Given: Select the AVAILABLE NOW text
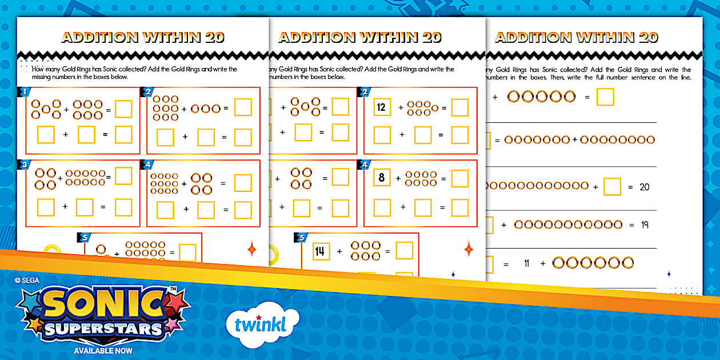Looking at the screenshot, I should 103,350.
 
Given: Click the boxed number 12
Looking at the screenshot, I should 382,107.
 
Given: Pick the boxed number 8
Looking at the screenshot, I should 382,178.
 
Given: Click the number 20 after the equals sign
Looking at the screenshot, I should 644,187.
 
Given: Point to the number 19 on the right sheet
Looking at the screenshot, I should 644,225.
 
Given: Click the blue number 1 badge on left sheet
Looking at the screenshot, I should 24,92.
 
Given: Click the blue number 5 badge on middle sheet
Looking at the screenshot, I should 301,238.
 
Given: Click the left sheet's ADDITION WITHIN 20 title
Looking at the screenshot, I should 143,38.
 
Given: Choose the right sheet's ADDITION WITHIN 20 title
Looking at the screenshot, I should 577,38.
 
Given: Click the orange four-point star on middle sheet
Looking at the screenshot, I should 469,249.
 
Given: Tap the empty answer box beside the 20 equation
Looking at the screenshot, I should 612,187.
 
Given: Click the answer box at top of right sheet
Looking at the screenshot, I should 605,97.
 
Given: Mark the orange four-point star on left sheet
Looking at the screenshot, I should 251,249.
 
